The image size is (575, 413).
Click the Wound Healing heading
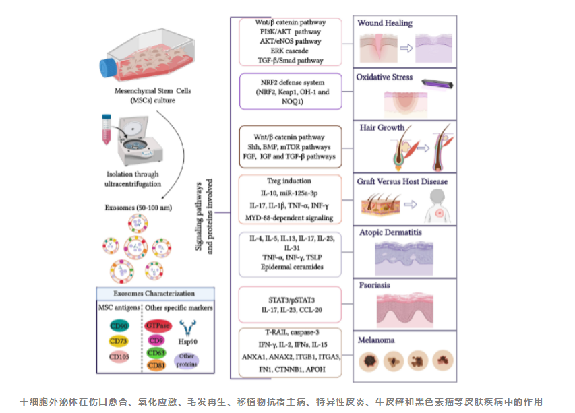(385, 23)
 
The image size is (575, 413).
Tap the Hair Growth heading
(382, 127)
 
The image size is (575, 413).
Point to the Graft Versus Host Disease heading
(402, 181)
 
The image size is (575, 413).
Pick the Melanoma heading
(376, 340)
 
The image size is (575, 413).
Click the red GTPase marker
(158, 325)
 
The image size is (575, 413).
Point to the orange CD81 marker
(157, 365)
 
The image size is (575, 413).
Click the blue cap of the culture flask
(107, 66)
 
